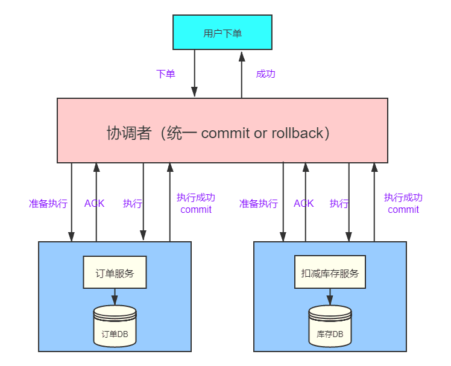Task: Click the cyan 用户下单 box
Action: click(222, 33)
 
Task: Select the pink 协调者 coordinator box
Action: click(222, 130)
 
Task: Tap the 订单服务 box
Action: click(115, 273)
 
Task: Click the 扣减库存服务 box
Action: click(330, 273)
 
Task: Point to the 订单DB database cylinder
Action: click(115, 326)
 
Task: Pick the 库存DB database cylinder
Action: click(330, 326)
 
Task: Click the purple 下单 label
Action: click(166, 74)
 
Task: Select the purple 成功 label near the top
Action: click(265, 74)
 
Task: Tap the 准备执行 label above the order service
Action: click(48, 204)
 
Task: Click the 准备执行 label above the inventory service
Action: click(258, 204)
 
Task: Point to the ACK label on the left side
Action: click(94, 204)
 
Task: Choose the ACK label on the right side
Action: click(304, 204)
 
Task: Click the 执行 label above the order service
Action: click(132, 204)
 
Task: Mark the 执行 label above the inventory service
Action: click(339, 204)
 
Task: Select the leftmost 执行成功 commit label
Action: click(196, 204)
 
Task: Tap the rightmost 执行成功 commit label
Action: click(403, 204)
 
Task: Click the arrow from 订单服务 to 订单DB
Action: click(115, 297)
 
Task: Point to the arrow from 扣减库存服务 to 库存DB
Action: click(330, 297)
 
